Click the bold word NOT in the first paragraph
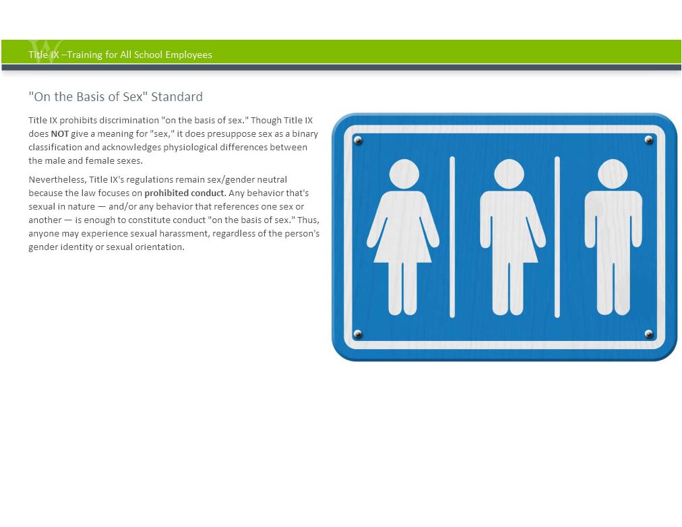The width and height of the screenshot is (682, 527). pos(59,134)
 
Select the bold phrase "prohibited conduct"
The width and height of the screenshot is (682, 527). pos(185,193)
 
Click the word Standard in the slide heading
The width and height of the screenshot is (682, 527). pos(177,96)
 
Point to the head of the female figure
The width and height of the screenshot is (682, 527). pos(404,174)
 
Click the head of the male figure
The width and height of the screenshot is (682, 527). pos(613,174)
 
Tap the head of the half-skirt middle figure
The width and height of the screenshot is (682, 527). pos(509,174)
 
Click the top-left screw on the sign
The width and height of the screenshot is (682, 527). pos(358,140)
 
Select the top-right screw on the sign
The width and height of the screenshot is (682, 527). pos(648,140)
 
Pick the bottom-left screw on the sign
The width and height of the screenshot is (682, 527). pos(358,334)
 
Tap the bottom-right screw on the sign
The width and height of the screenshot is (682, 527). pos(648,334)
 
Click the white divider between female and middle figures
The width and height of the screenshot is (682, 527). pos(452,237)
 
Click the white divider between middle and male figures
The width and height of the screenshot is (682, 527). pos(557,237)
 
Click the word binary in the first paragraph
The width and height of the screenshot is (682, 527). pos(305,134)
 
